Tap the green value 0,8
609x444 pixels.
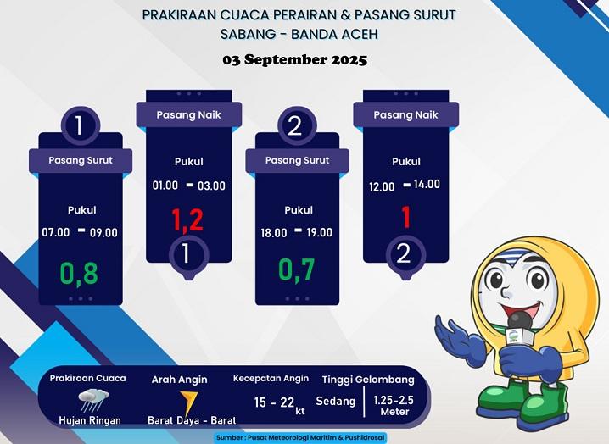(79, 274)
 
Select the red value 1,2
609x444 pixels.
(187, 220)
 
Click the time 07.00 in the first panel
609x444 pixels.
(56, 232)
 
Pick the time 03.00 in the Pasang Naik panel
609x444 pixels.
(212, 186)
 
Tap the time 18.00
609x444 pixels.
(273, 233)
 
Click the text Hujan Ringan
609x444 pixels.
(90, 420)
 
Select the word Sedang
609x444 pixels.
(336, 401)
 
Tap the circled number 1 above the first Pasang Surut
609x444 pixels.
(79, 127)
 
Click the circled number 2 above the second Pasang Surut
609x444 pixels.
(295, 127)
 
